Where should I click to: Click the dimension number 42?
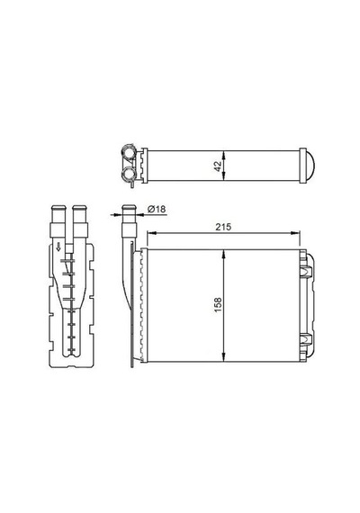click(219, 166)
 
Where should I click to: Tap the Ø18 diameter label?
click(157, 209)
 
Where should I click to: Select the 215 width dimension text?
click(223, 227)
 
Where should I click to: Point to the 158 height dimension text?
click(219, 304)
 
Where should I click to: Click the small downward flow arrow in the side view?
click(58, 247)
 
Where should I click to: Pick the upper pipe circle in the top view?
click(130, 152)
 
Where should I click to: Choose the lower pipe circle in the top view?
click(130, 172)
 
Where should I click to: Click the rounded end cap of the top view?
click(310, 166)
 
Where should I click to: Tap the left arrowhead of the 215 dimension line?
click(150, 232)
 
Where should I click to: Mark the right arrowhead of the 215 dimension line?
click(296, 232)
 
